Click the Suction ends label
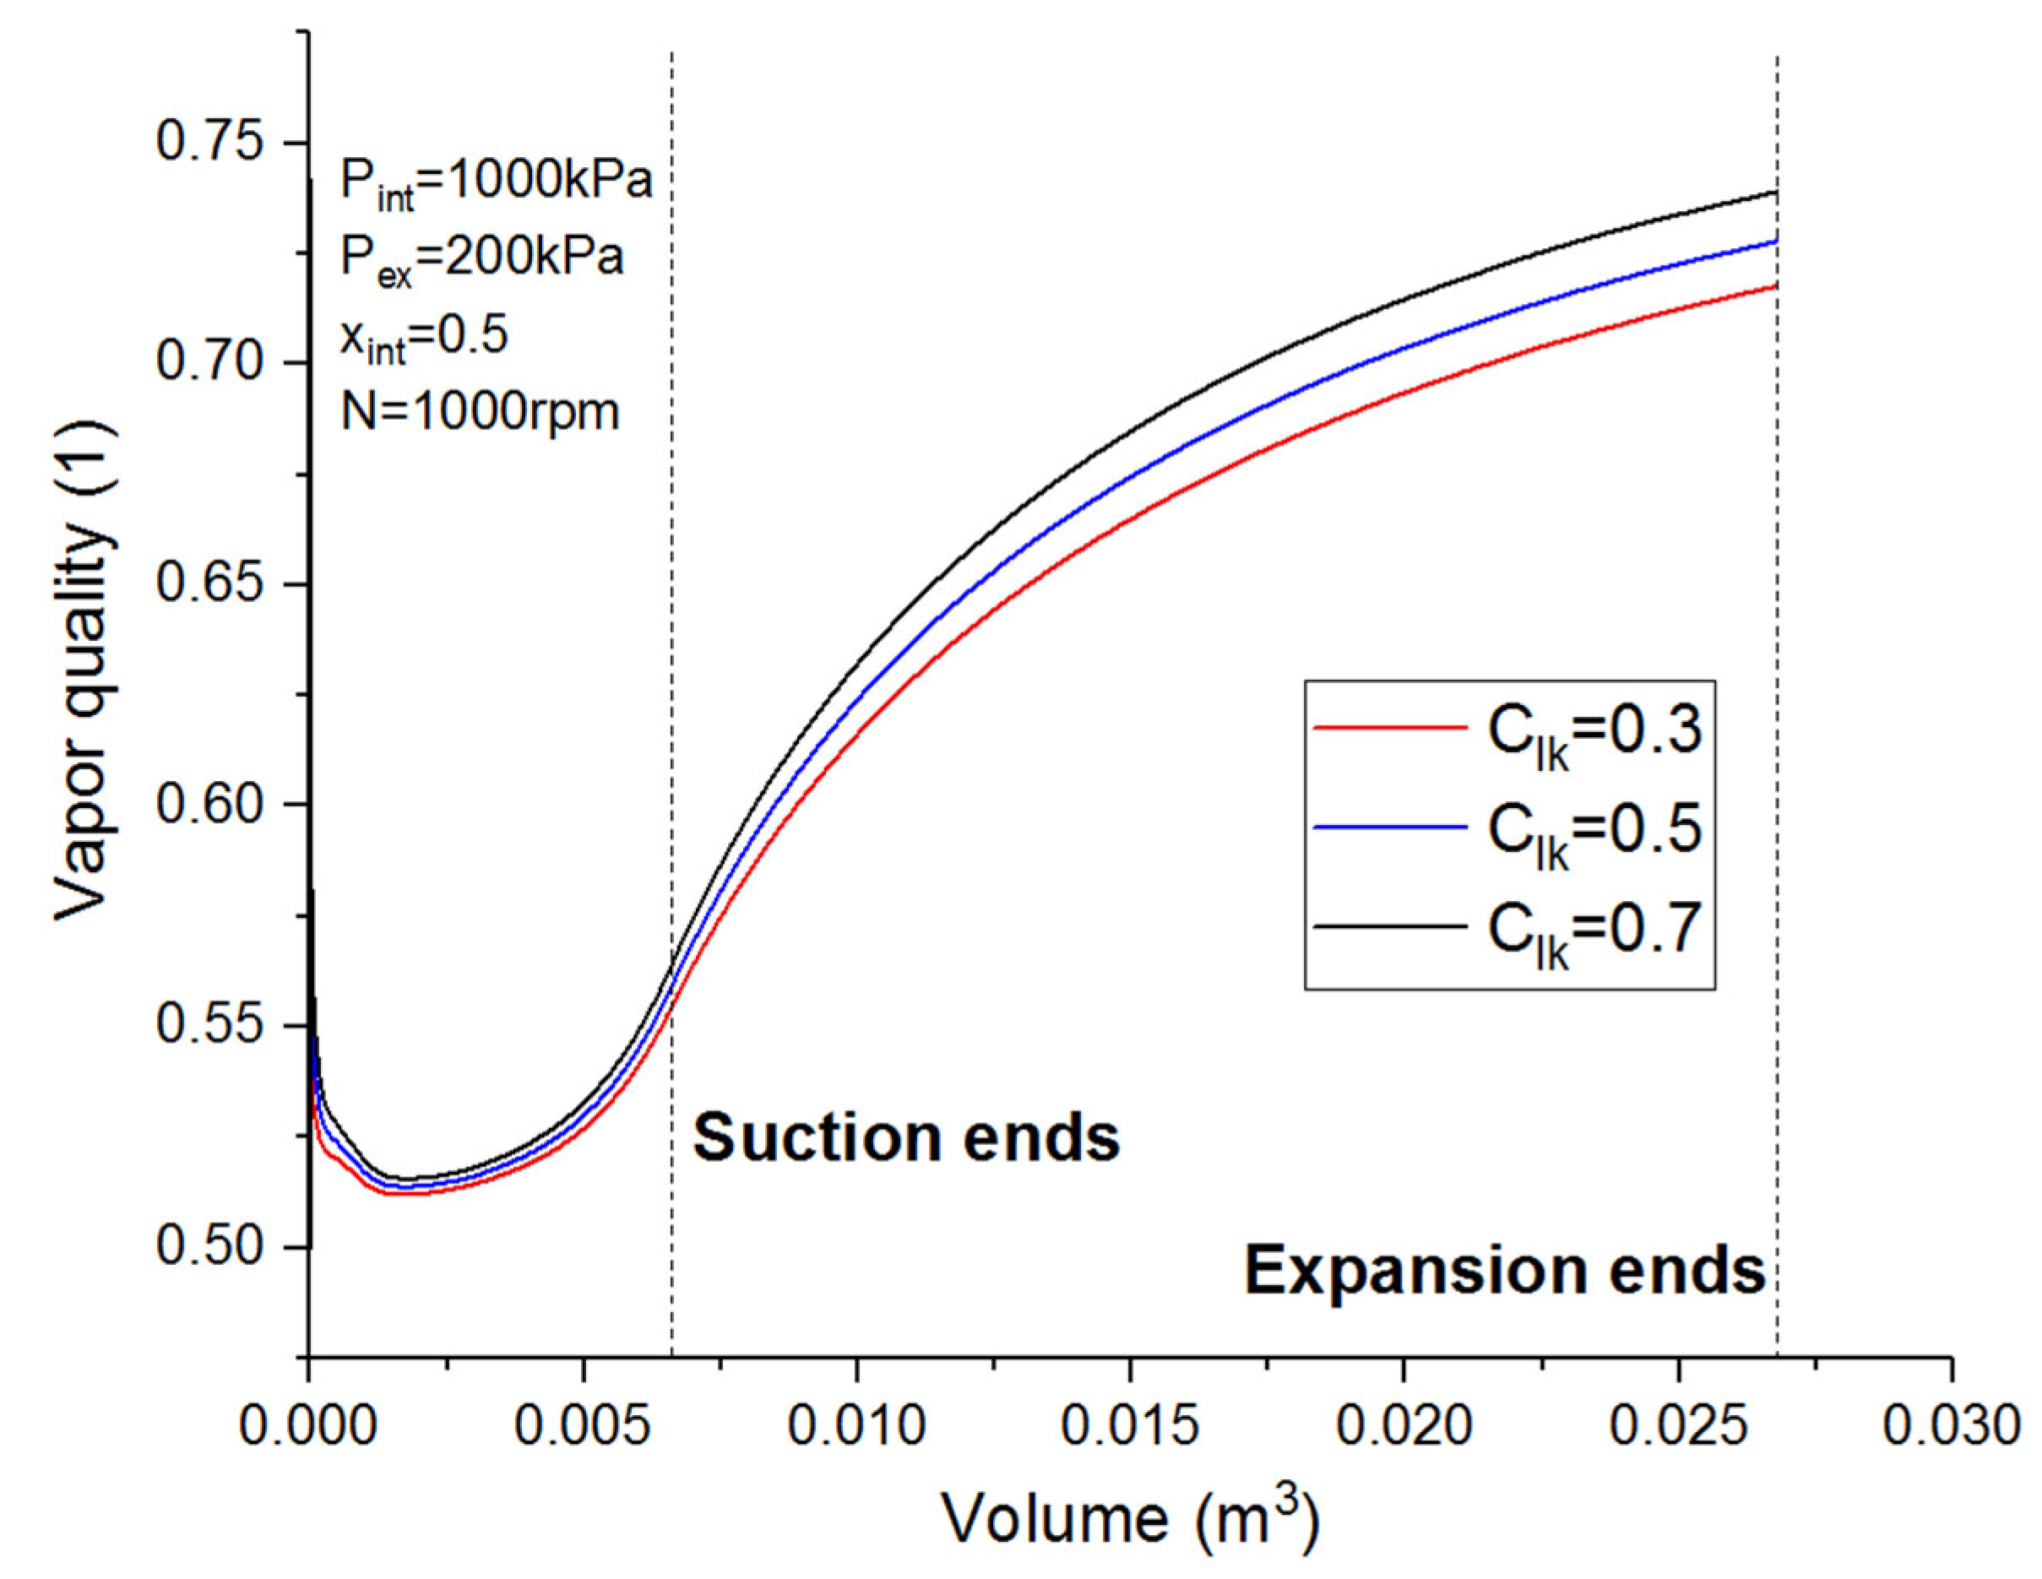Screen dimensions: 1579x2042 pos(906,1137)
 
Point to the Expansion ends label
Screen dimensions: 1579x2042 pos(1503,1271)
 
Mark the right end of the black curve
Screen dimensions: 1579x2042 pos(1774,193)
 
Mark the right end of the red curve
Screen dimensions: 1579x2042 pos(1774,285)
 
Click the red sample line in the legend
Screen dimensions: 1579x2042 pos(1389,725)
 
